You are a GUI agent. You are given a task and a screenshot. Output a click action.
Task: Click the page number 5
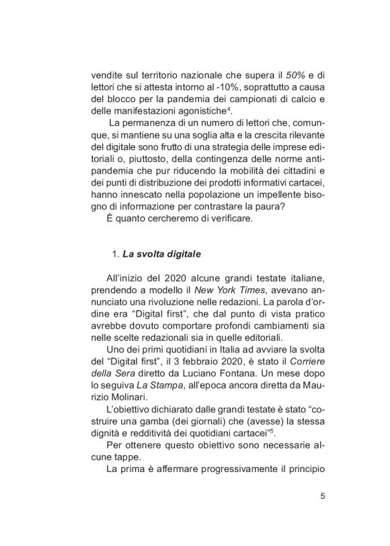[323, 497]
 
